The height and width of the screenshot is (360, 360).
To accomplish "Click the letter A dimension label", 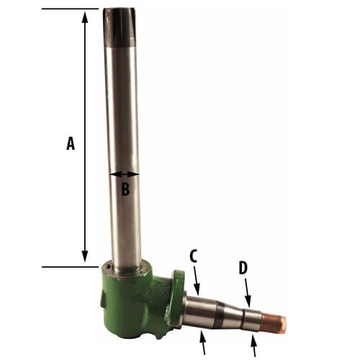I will point(70,144).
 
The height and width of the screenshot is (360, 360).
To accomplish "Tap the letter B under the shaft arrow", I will point(125,190).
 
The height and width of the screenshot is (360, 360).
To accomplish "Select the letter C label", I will point(194,256).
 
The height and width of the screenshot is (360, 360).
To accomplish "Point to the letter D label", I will point(243,269).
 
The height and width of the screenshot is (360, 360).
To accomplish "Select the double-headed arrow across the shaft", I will point(124,174).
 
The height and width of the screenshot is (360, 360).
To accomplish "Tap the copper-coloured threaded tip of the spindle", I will point(274,324).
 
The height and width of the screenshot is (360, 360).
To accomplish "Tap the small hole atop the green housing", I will point(108,269).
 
